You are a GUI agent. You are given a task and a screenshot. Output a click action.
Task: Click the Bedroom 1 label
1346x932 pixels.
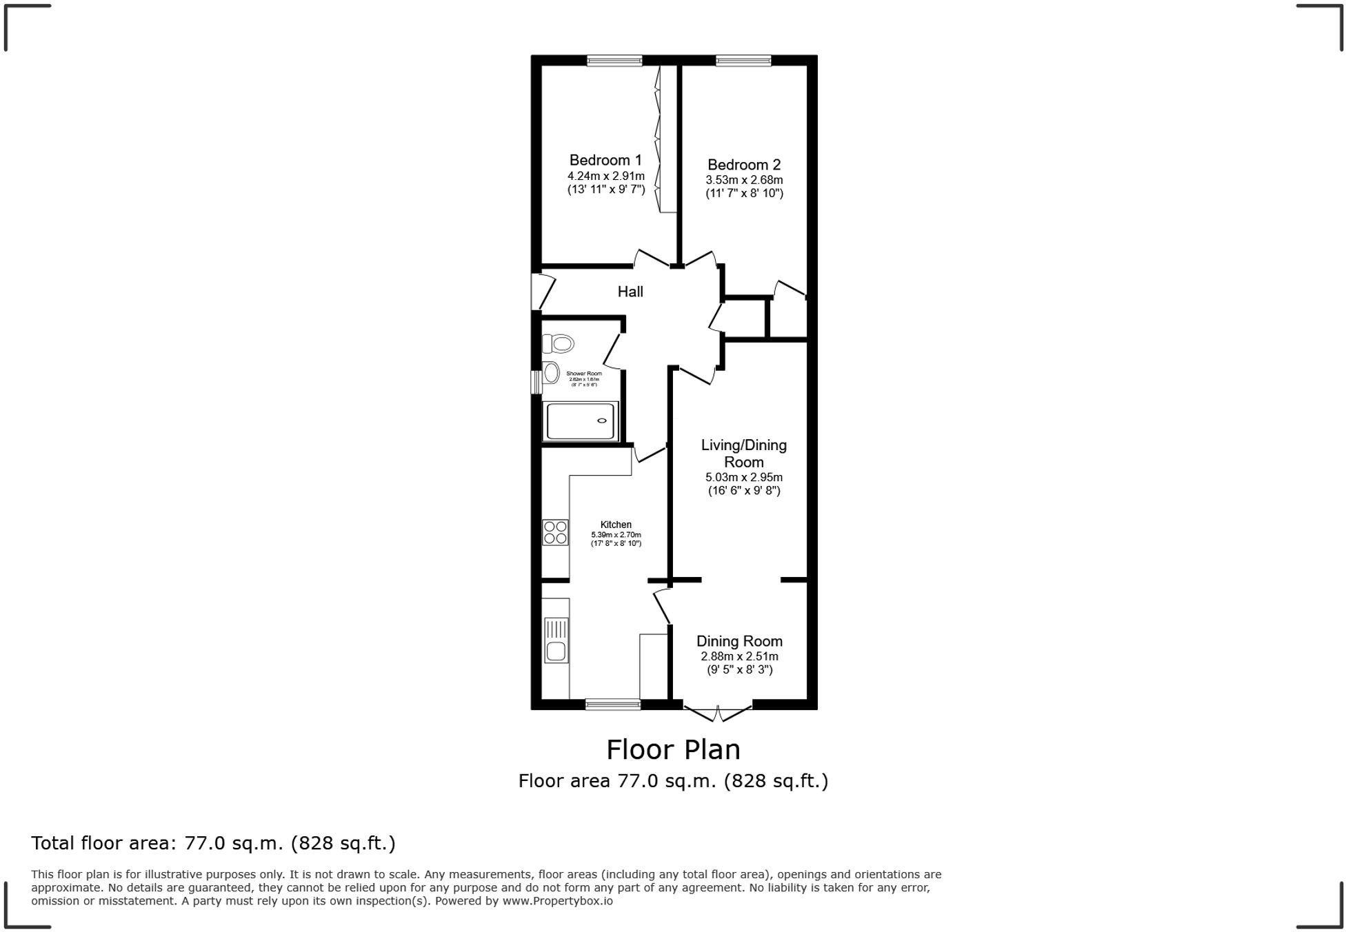[605, 160]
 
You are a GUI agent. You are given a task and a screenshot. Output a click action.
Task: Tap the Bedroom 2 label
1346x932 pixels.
[744, 165]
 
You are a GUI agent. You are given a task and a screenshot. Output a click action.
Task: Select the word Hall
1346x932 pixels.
[630, 292]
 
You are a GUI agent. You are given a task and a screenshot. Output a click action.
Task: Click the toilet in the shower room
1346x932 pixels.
[559, 343]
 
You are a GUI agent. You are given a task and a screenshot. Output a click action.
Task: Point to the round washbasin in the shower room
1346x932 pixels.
[551, 373]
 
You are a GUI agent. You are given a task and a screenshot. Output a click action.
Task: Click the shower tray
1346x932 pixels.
[580, 421]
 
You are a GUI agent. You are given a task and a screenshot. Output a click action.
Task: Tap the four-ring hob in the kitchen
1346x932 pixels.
[555, 532]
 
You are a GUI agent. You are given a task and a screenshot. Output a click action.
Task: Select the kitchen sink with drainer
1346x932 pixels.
[556, 640]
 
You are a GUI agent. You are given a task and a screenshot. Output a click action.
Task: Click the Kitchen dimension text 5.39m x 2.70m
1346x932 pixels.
[616, 535]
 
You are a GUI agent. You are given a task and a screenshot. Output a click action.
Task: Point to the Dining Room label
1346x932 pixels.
[739, 641]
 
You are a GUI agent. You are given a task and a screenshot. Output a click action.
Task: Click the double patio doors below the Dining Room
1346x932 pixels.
[718, 713]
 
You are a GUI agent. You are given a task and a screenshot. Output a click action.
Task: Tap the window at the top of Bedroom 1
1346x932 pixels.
[614, 61]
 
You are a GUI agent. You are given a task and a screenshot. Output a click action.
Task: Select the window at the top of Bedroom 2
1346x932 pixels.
[743, 61]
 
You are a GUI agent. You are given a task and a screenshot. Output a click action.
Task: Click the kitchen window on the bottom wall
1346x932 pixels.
[612, 704]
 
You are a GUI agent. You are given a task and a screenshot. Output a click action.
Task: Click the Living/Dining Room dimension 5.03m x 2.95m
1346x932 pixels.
[743, 477]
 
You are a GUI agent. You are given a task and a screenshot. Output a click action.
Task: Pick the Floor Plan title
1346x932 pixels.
[673, 749]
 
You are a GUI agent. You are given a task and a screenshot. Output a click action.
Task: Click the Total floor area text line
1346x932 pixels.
[213, 843]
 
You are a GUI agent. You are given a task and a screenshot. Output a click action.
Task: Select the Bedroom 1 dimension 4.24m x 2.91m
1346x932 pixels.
[605, 176]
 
